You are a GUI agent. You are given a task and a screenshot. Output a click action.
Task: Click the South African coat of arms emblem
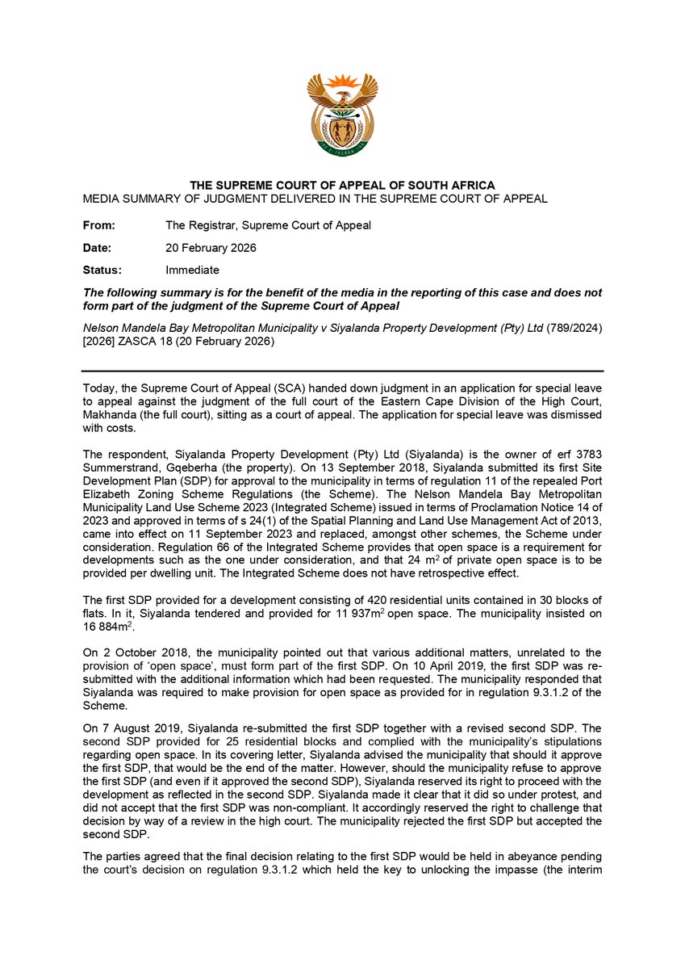342,115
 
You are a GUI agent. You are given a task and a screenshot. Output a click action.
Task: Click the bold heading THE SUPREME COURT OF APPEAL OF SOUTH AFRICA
342,186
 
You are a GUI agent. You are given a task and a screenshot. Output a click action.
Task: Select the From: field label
99,225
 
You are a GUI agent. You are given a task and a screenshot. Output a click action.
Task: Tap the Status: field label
102,270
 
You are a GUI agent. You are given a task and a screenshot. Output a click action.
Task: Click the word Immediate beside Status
192,270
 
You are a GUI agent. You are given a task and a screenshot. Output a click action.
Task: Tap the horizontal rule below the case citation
342,371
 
